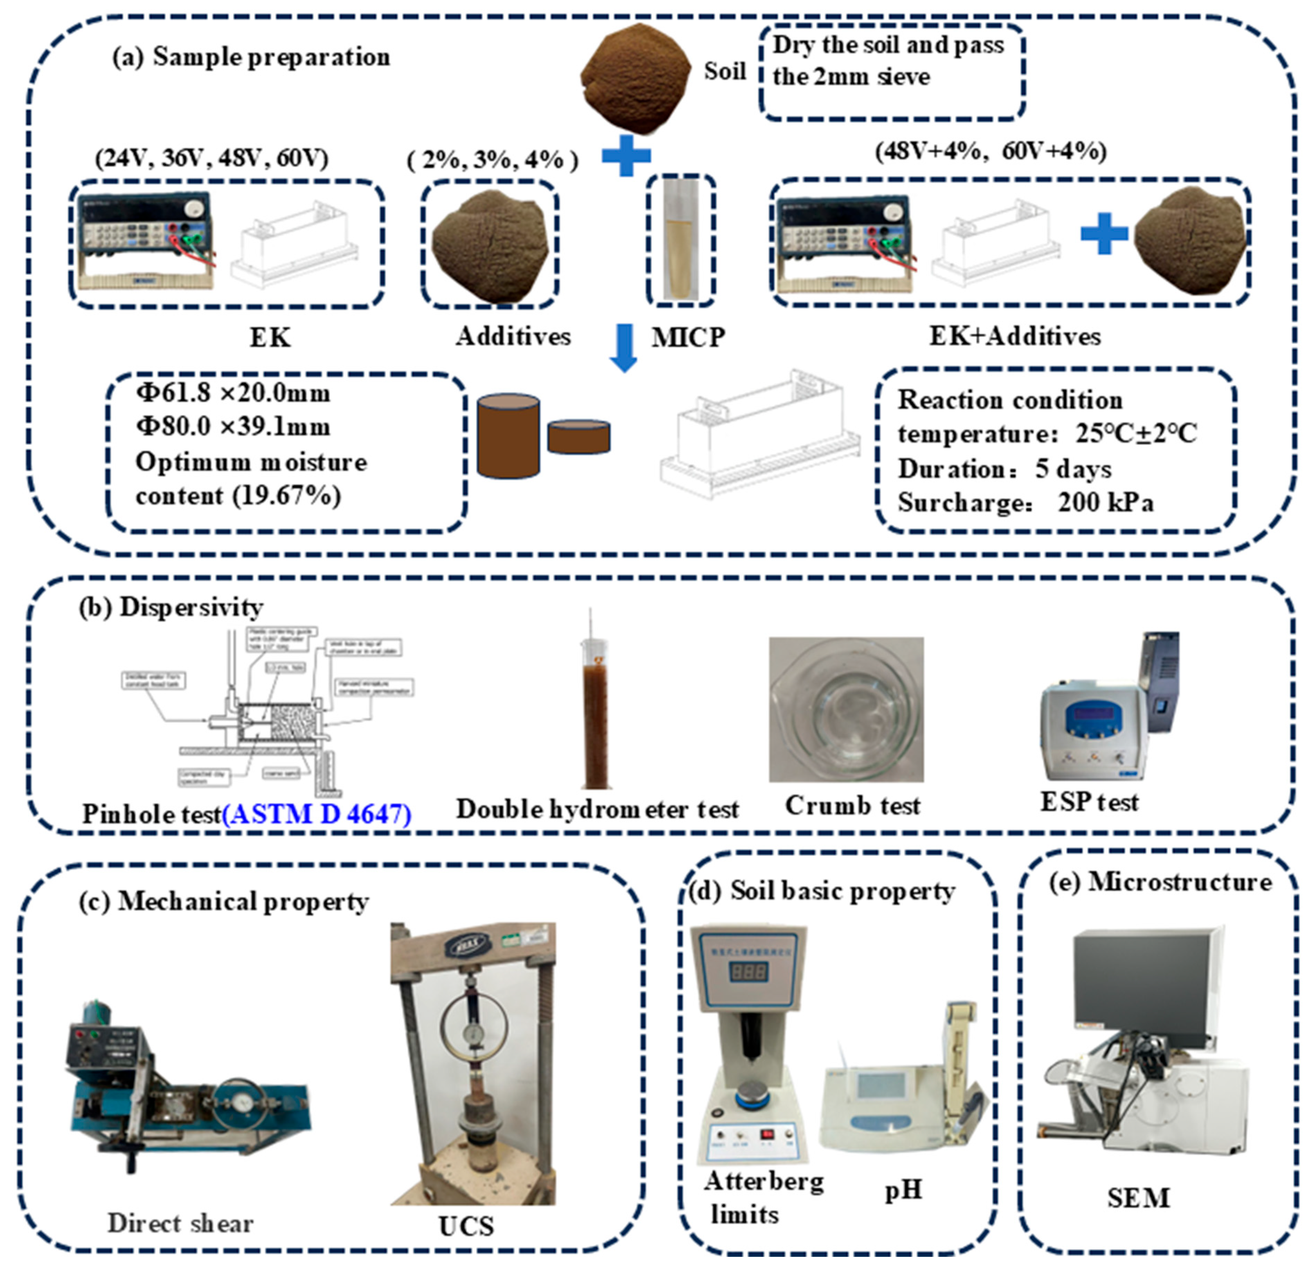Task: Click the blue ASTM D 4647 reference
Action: [x=317, y=814]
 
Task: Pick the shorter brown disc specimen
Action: [x=579, y=437]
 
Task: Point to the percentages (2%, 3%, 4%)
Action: [x=492, y=160]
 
